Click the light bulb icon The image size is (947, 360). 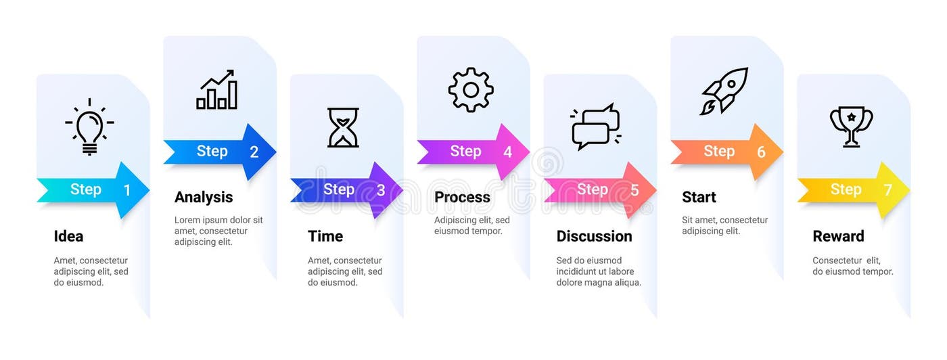[89, 127]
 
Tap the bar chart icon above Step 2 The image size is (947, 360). [216, 90]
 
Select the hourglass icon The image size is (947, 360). [343, 127]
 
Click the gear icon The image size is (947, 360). [471, 90]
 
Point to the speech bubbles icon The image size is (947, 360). [596, 127]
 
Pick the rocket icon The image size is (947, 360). [724, 90]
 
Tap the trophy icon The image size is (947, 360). [851, 126]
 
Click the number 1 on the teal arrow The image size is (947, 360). [127, 191]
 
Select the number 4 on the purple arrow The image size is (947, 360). [507, 152]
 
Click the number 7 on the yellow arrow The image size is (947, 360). [888, 191]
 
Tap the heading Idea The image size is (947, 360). [68, 236]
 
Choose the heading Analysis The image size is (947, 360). [204, 198]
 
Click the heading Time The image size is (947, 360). [325, 236]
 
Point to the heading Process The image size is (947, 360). [462, 198]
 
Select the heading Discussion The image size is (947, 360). [594, 236]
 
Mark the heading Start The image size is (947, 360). [699, 198]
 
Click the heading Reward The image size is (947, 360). [838, 236]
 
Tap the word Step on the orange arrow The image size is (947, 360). [719, 152]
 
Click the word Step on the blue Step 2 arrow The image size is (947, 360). [212, 152]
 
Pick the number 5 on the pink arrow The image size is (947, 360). [634, 191]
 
